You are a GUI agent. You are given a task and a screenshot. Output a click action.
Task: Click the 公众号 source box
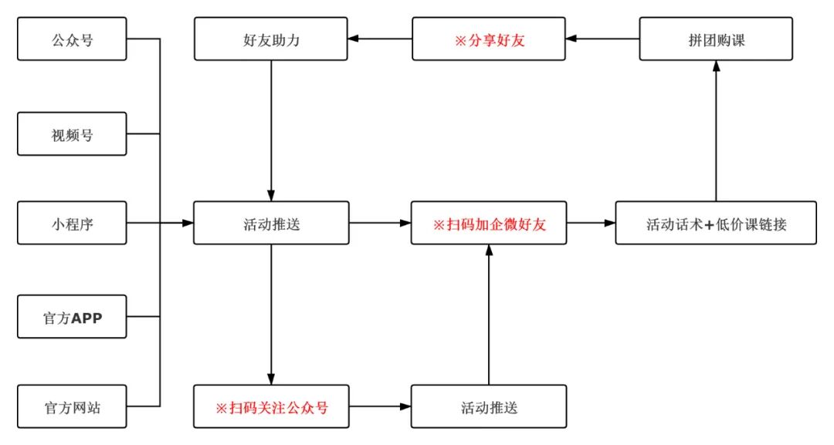point(72,39)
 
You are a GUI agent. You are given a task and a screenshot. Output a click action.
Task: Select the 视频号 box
point(72,134)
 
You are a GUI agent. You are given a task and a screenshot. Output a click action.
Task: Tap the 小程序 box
point(72,224)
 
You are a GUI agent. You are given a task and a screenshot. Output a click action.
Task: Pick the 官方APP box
point(72,316)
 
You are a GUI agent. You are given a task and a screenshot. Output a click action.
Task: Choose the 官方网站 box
point(72,407)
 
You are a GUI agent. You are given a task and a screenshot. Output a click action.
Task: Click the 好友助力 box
point(271,39)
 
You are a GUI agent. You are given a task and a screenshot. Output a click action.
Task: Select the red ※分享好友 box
point(489,39)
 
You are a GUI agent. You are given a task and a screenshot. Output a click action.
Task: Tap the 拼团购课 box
point(716,39)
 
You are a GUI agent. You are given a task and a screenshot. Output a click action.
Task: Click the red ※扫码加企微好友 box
point(489,224)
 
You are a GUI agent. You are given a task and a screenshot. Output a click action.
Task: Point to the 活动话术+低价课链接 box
point(715,224)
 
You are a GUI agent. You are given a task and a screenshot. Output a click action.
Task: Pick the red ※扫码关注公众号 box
point(271,407)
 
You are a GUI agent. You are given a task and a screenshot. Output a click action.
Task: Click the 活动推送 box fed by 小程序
point(271,224)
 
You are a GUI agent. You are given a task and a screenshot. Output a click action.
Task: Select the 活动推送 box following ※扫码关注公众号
point(489,407)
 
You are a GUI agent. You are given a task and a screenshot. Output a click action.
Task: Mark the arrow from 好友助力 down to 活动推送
point(271,131)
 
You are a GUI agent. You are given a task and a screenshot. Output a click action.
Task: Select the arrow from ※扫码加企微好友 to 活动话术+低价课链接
point(591,224)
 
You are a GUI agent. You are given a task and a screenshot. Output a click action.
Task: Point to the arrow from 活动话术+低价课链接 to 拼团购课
point(716,131)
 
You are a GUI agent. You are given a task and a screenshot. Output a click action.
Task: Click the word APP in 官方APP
point(86,316)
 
